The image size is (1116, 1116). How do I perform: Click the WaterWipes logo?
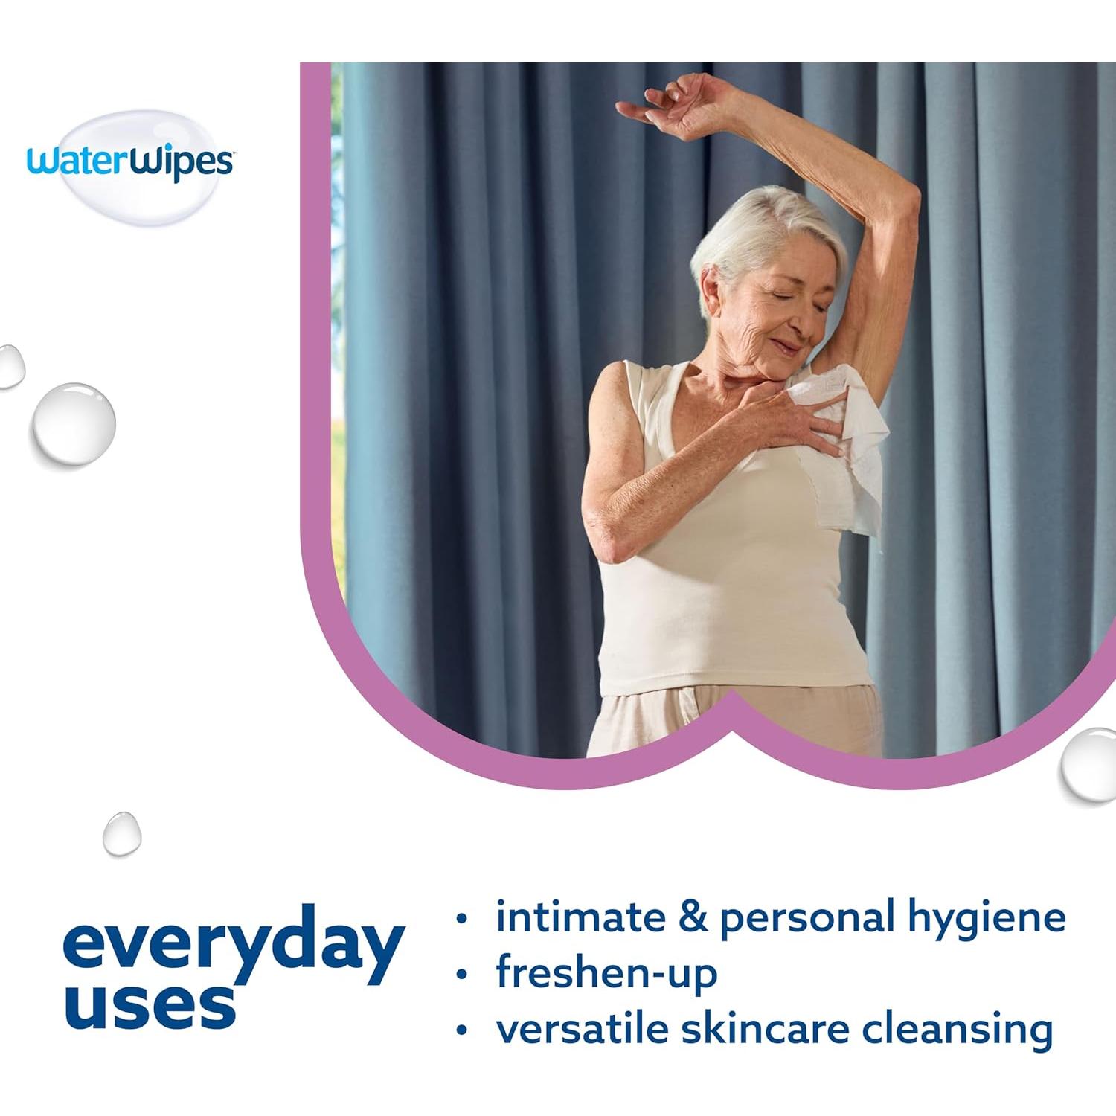point(130,162)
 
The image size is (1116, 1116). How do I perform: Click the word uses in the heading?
point(150,1007)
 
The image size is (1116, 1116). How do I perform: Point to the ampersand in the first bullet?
point(693,917)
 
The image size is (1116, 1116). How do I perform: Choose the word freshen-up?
point(606,972)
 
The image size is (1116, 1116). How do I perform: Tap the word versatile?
point(580,1029)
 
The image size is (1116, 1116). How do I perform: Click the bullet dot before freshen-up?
point(462,974)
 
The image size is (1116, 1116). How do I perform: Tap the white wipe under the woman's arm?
point(856,454)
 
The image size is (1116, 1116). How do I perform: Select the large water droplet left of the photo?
point(73,424)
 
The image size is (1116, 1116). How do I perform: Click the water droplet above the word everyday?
point(121,833)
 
